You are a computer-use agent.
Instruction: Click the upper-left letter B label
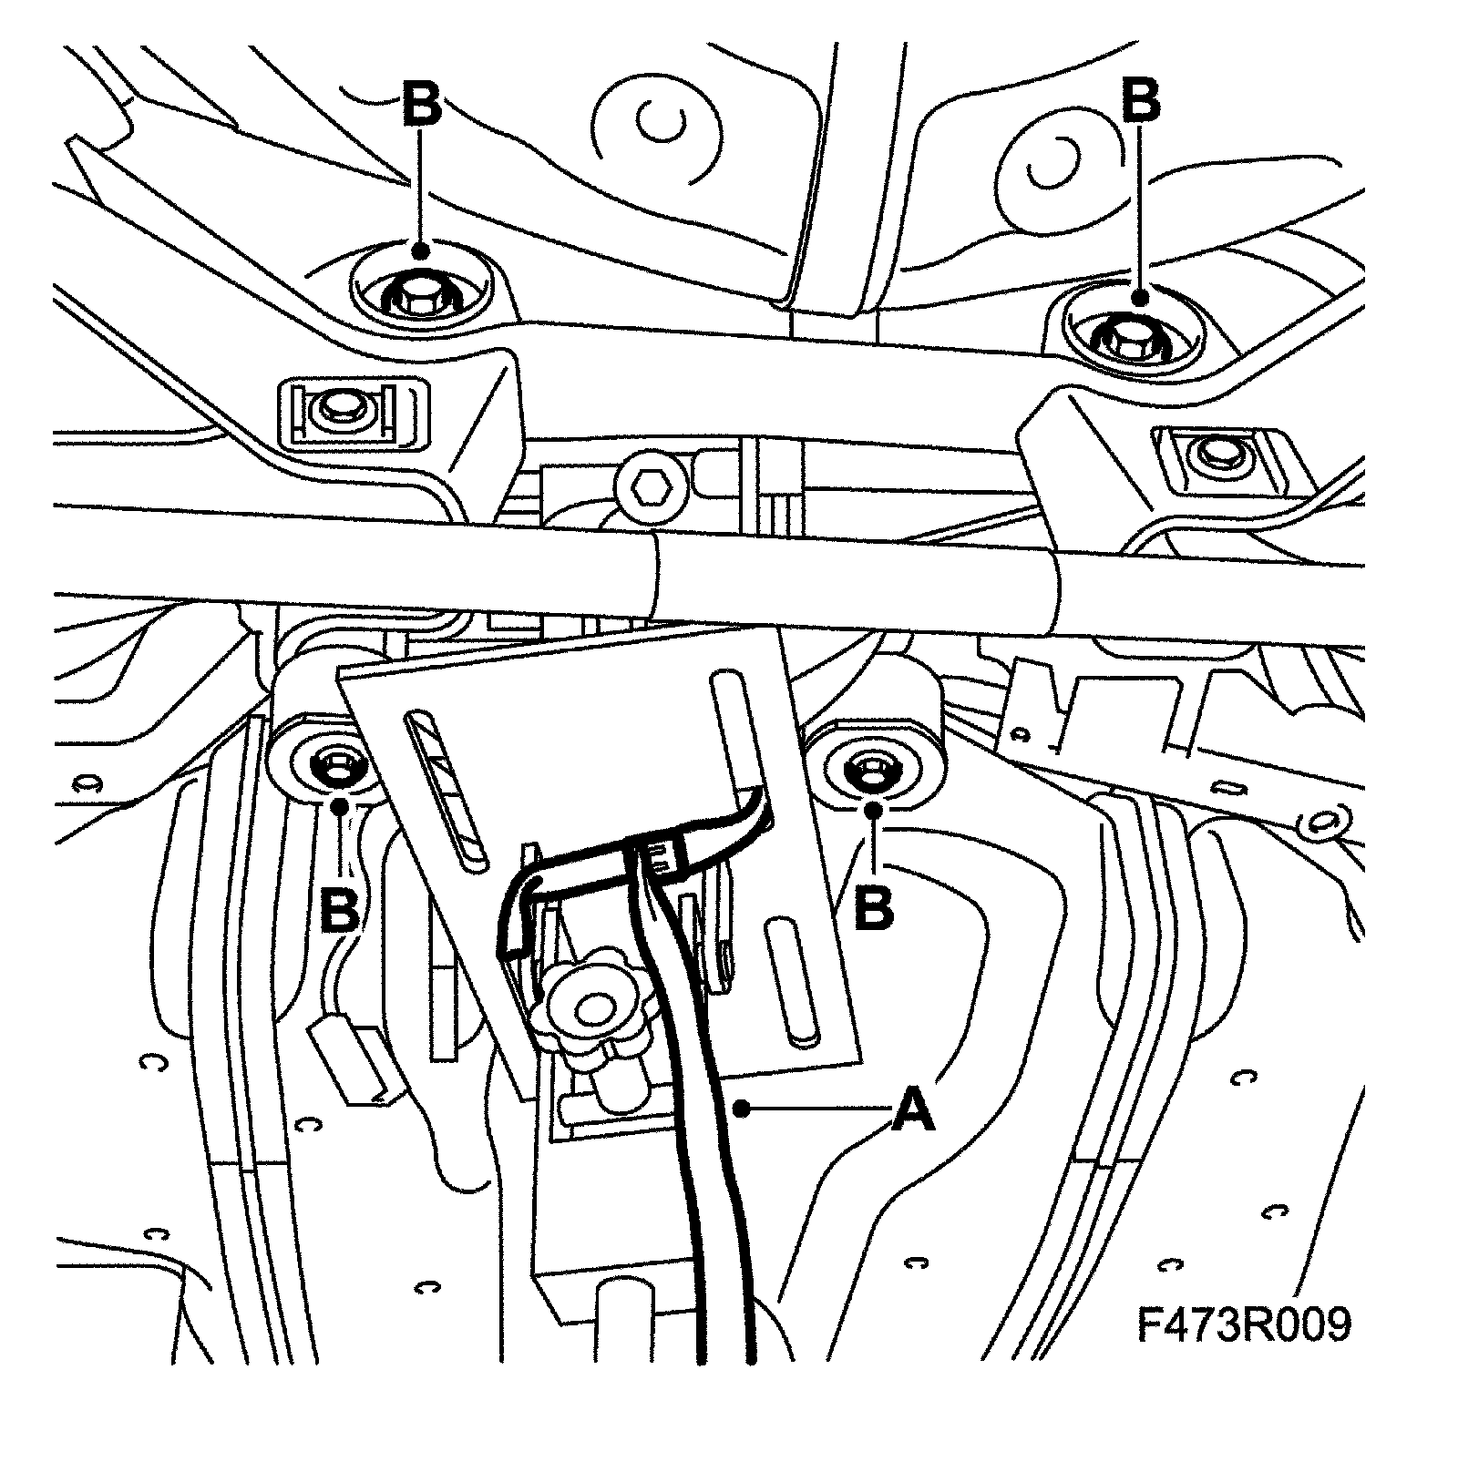click(x=421, y=102)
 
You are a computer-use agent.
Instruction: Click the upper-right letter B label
click(x=1140, y=100)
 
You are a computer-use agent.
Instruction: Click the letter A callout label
click(x=912, y=1109)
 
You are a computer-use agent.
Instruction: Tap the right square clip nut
click(x=1213, y=450)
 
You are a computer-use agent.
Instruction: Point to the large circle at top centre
click(x=656, y=121)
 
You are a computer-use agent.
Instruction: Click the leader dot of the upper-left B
click(x=420, y=250)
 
